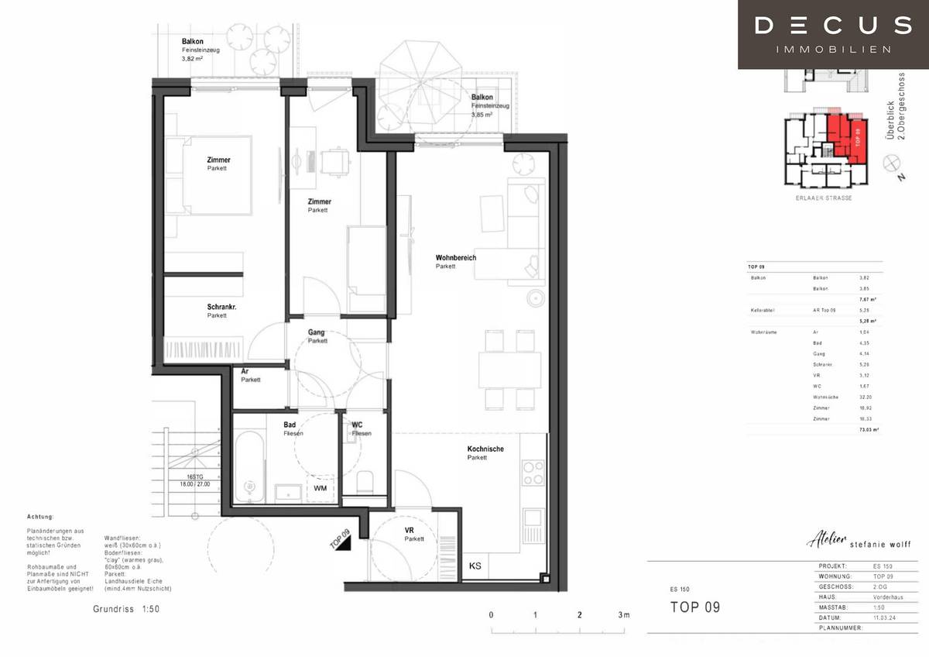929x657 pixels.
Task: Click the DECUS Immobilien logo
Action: pyautogui.click(x=832, y=34)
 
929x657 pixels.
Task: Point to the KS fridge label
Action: pyautogui.click(x=475, y=566)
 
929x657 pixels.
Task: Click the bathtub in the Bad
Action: pyautogui.click(x=249, y=470)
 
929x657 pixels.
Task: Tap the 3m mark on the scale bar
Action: pyautogui.click(x=623, y=614)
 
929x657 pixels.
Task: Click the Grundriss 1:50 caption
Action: pyautogui.click(x=126, y=609)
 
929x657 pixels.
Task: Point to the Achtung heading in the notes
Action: pyautogui.click(x=39, y=516)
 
